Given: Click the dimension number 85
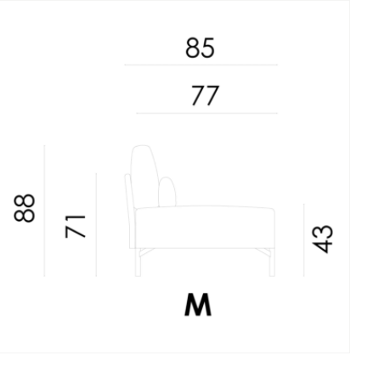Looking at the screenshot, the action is pos(200,48).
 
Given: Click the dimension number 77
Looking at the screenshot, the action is pos(206,96).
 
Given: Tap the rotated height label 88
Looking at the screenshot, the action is pos(25,208).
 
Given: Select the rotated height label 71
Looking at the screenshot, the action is pos(75,226).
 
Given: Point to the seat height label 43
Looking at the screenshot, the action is pos(322,239).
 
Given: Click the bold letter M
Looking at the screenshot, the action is pos(198,305).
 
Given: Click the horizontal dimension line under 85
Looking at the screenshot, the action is pos(201,65).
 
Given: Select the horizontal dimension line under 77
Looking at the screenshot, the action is pos(207,113).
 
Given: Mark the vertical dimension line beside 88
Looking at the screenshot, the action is pos(44,211).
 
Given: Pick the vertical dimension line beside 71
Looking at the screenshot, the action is pos(96,225).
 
